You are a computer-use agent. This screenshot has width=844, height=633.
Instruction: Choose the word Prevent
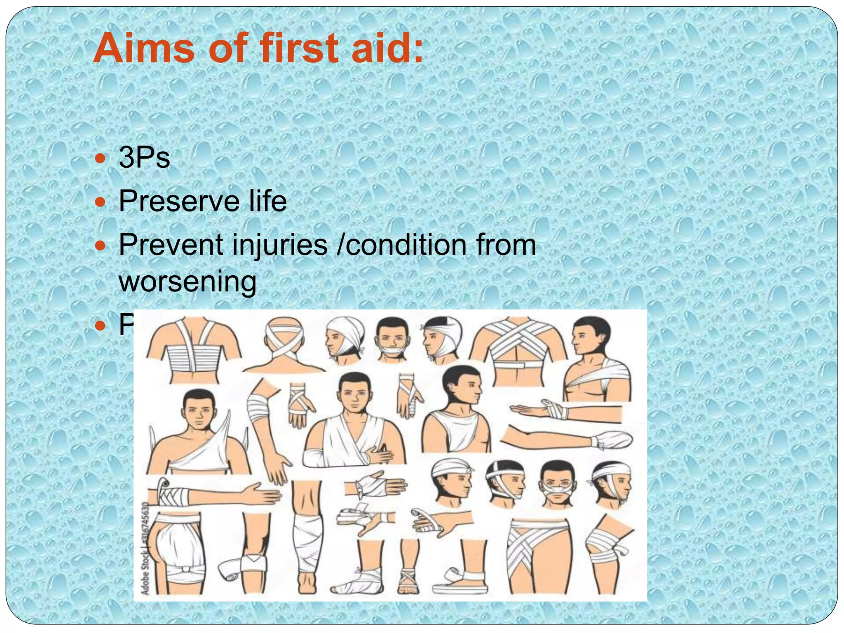(x=171, y=245)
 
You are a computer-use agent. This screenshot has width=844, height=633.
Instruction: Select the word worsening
(x=188, y=282)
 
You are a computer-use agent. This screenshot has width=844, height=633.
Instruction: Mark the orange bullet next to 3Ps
(x=100, y=158)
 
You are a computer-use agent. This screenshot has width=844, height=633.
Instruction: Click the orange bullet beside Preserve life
(x=100, y=202)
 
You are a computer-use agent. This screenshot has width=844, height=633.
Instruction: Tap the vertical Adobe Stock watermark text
(x=145, y=548)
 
